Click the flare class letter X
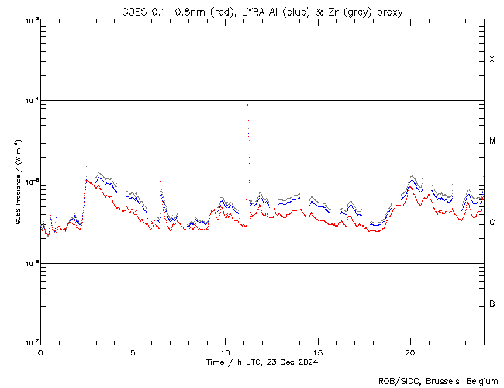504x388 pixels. [492, 60]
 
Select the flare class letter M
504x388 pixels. [492, 141]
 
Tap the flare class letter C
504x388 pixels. [492, 223]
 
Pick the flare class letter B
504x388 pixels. [492, 303]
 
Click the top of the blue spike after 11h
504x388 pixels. [247, 104]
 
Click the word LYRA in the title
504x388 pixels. [247, 12]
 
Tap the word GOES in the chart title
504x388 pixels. [134, 12]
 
